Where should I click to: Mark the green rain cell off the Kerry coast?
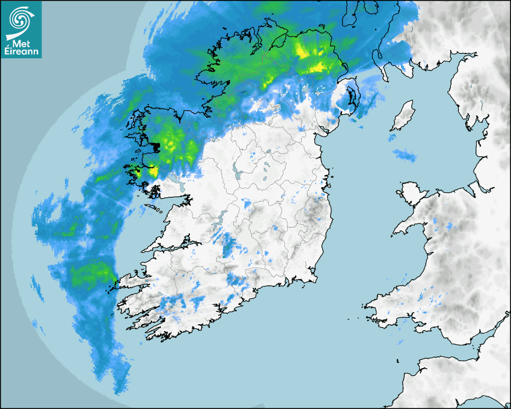(x=90, y=274)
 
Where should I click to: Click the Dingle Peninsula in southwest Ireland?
(x=129, y=280)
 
